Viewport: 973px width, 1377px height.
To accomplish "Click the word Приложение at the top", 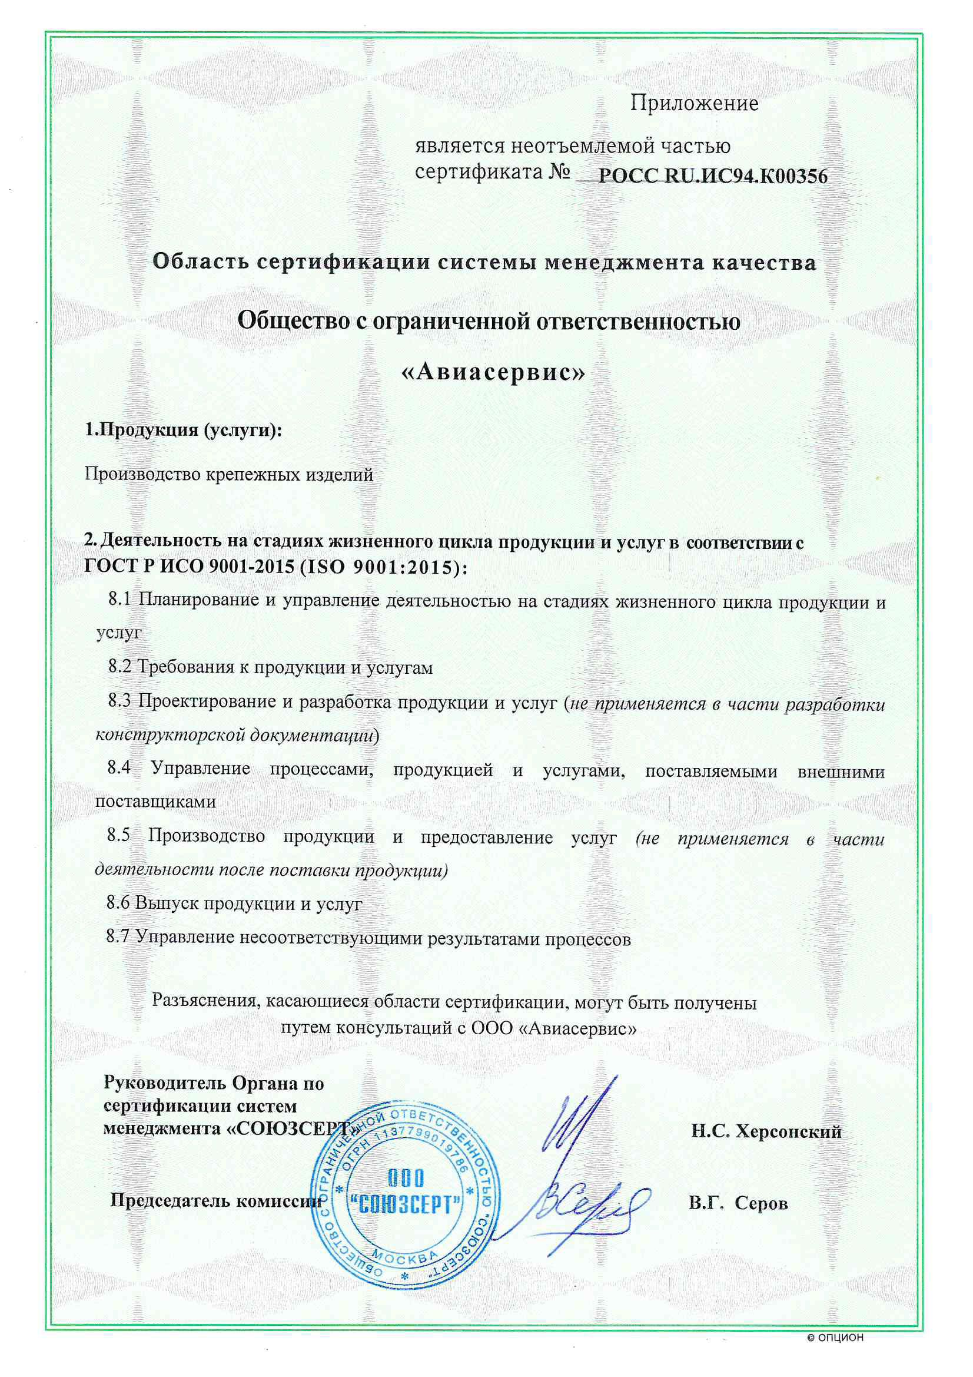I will pyautogui.click(x=694, y=104).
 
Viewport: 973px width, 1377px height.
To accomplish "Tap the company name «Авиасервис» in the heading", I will pyautogui.click(x=492, y=372).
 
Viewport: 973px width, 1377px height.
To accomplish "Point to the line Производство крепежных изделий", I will pyautogui.click(x=228, y=474).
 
